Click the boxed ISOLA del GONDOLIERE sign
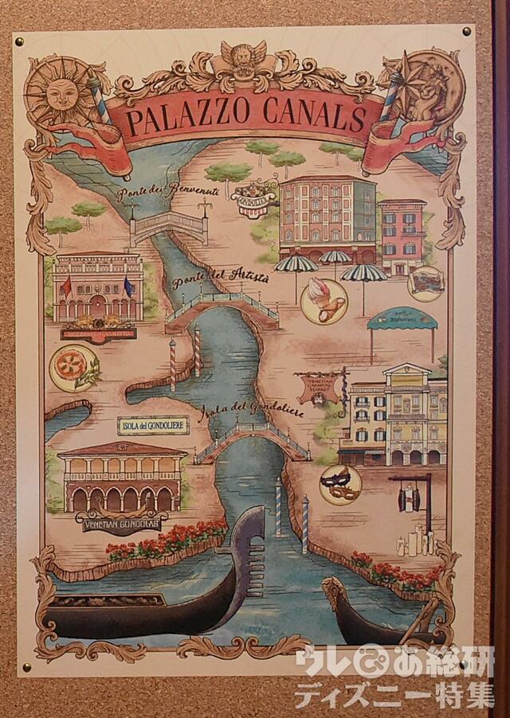(153, 425)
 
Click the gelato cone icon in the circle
(324, 300)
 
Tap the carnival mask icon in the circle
(341, 485)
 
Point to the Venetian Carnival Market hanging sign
(321, 387)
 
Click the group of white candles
(414, 541)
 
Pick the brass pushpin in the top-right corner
(466, 31)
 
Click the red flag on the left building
(67, 285)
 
